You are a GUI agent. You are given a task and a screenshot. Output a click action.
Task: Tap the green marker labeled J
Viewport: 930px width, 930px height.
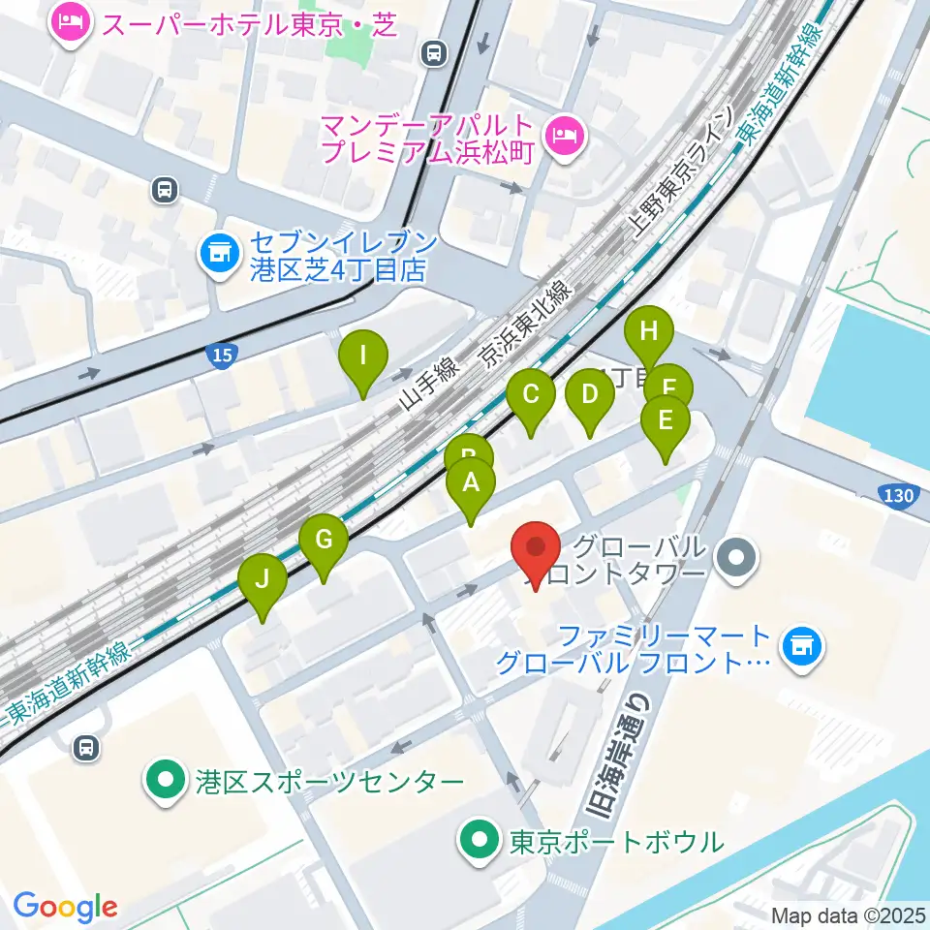(263, 582)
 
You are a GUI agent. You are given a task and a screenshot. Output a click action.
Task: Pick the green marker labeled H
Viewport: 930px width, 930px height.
(649, 333)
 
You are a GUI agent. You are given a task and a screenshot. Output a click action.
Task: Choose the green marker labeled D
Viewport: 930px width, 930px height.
(590, 396)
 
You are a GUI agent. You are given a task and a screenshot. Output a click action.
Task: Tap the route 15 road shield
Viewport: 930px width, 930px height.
(222, 356)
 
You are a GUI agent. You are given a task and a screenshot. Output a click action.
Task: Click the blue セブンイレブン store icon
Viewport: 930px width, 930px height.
(217, 255)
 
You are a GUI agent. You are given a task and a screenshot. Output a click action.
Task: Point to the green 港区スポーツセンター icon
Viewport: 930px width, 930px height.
(166, 780)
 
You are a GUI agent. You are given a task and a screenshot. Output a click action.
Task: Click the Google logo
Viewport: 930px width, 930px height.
(66, 908)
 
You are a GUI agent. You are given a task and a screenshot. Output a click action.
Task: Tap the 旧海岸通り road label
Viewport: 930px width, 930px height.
(610, 746)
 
